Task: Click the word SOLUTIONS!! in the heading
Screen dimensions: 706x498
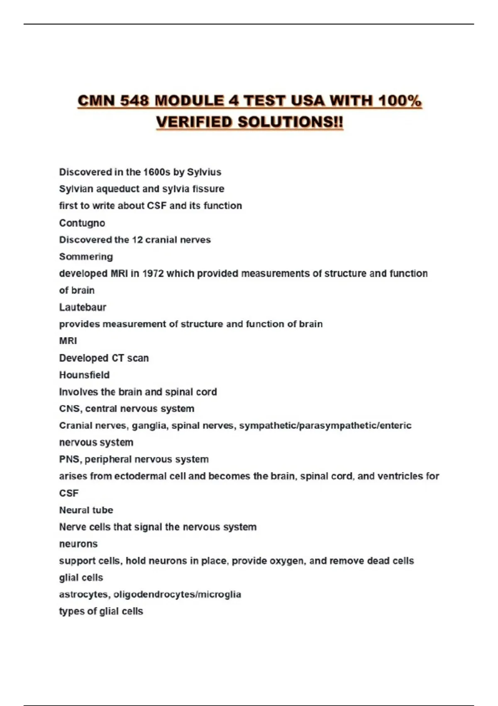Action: pos(290,122)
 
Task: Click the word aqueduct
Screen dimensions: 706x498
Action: pos(118,189)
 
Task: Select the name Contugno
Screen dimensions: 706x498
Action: pos(82,223)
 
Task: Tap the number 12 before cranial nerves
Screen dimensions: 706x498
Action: pos(137,240)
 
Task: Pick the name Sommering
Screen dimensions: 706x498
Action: pos(86,257)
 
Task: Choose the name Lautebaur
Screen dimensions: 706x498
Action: pos(83,307)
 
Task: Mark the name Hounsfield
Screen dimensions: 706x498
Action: pos(84,375)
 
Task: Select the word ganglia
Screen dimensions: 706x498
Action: pos(149,426)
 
